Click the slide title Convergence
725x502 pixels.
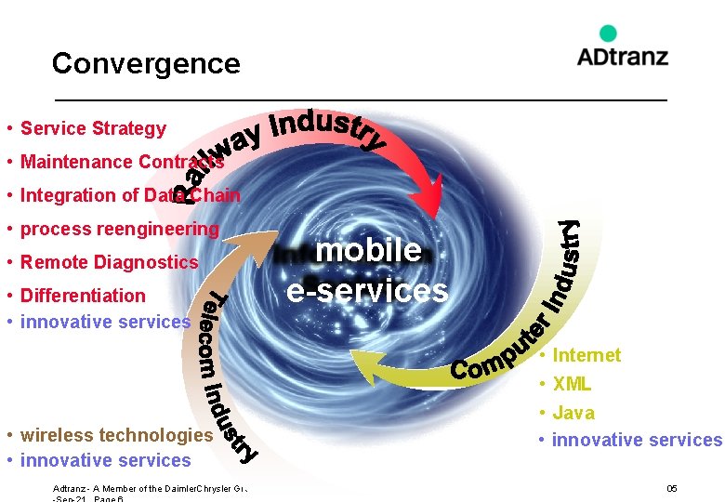pos(146,63)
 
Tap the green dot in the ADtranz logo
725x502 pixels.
pos(608,34)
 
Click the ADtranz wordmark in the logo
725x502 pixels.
pos(622,56)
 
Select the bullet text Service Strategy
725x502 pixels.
pos(93,128)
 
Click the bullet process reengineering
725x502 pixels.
pos(119,229)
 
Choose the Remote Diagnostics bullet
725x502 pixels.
pos(109,262)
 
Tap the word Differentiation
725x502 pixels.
pos(83,296)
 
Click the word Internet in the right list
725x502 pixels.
pos(586,355)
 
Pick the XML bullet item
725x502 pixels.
pos(572,384)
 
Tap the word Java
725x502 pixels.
pos(573,413)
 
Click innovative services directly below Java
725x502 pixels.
pos(637,440)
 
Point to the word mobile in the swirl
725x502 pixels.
pos(369,250)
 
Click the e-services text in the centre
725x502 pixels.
pos(367,291)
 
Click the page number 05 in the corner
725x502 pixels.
pos(671,489)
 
